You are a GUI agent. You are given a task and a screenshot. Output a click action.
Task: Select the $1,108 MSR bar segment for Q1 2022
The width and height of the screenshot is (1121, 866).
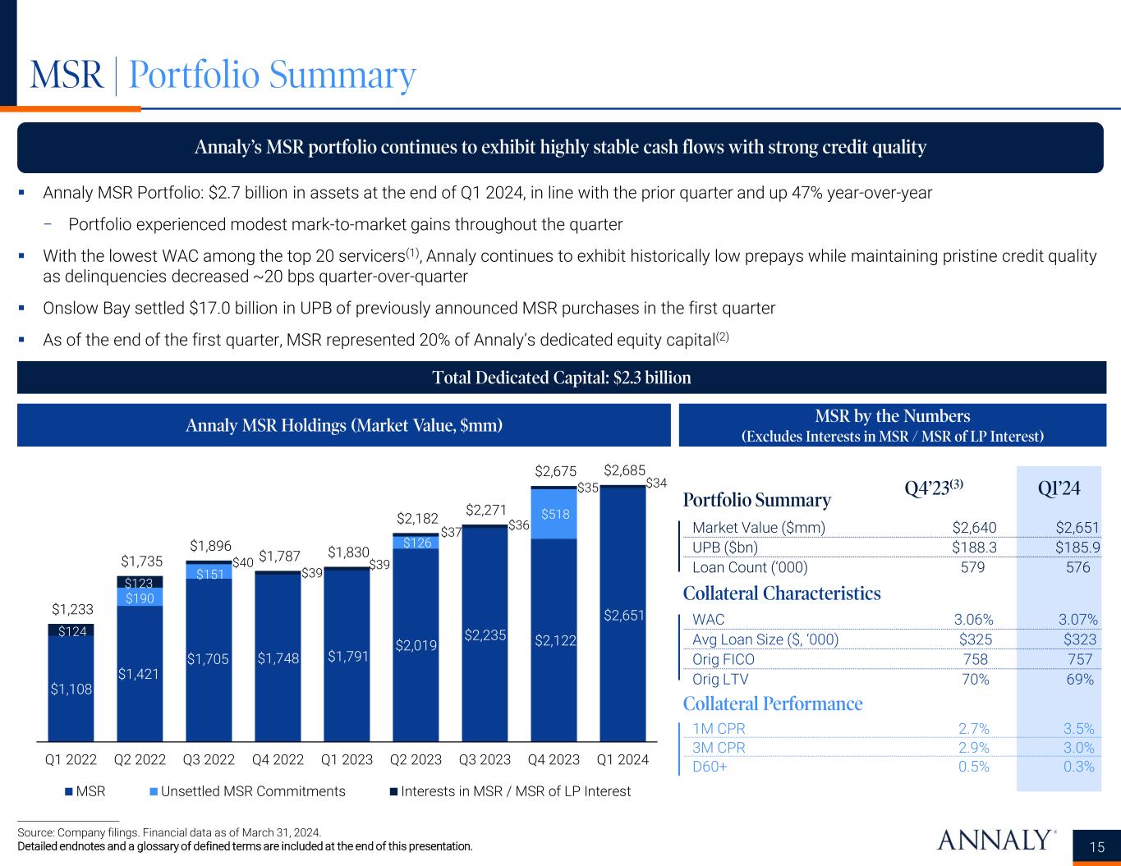pos(71,690)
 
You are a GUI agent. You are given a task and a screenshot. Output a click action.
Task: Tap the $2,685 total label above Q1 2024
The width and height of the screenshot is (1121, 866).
pos(624,470)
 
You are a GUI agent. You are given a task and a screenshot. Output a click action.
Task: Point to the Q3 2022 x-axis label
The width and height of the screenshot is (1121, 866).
pos(209,760)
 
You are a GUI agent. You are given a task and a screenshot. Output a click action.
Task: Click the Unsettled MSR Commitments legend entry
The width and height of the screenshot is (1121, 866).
pos(247,791)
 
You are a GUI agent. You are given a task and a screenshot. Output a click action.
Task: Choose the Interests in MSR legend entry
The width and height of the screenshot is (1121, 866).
pos(510,791)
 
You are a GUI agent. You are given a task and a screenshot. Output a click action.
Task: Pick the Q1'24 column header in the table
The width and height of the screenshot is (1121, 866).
pos(1058,488)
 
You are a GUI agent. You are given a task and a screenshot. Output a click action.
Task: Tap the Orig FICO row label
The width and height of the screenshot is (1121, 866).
pos(724,659)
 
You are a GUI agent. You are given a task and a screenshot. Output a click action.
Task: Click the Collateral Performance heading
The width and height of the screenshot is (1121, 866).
pos(773,703)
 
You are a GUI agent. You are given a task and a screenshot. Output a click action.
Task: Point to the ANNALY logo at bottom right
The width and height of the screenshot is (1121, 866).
pos(995,840)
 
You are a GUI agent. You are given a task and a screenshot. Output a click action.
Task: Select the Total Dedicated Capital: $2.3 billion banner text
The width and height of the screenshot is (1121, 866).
pos(562,378)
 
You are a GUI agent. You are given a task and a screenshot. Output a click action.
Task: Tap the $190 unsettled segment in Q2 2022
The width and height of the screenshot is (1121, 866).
pos(140,598)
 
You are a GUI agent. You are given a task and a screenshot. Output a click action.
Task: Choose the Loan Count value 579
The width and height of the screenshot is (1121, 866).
pos(974,567)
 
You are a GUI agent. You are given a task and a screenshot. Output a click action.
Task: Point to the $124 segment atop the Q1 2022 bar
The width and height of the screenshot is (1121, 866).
pos(71,630)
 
